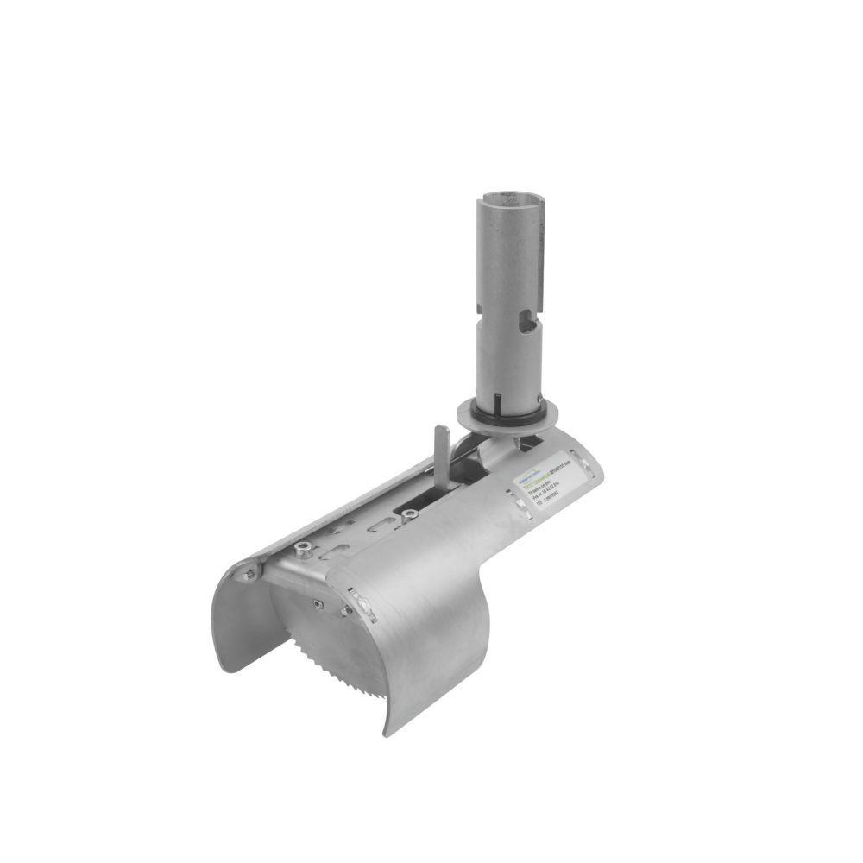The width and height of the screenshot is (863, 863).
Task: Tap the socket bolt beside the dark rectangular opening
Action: (x=405, y=515)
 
